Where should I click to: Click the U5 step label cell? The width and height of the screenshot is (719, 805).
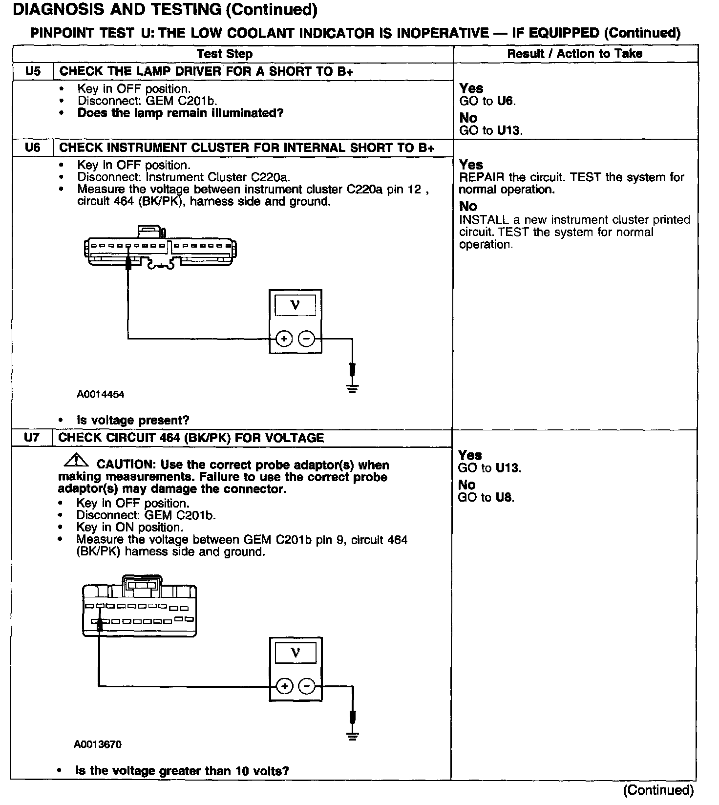[33, 71]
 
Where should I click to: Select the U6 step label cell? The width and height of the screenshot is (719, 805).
[33, 148]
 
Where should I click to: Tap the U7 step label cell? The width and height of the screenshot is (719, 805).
[32, 437]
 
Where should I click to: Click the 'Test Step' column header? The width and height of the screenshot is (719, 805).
[225, 54]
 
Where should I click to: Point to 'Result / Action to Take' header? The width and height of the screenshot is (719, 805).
[574, 54]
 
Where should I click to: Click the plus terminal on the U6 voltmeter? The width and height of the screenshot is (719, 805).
[284, 339]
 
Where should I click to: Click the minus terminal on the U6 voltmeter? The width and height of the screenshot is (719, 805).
[306, 339]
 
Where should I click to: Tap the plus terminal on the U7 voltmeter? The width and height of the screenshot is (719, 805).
[284, 686]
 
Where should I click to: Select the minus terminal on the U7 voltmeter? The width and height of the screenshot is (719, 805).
[306, 686]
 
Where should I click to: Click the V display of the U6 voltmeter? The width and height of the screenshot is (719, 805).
[295, 306]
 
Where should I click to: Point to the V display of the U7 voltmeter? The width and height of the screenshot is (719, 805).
[295, 653]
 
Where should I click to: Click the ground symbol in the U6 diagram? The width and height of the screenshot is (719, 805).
[353, 388]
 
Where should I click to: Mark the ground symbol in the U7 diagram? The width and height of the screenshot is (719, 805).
[353, 736]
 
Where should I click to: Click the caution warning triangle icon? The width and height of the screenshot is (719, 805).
[76, 460]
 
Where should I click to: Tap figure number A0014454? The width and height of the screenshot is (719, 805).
[101, 394]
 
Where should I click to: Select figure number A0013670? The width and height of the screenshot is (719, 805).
[98, 744]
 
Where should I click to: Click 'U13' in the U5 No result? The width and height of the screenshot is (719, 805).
[509, 130]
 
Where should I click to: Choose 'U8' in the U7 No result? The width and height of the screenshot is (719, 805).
[505, 498]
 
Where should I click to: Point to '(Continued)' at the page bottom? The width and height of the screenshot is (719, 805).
[658, 790]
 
